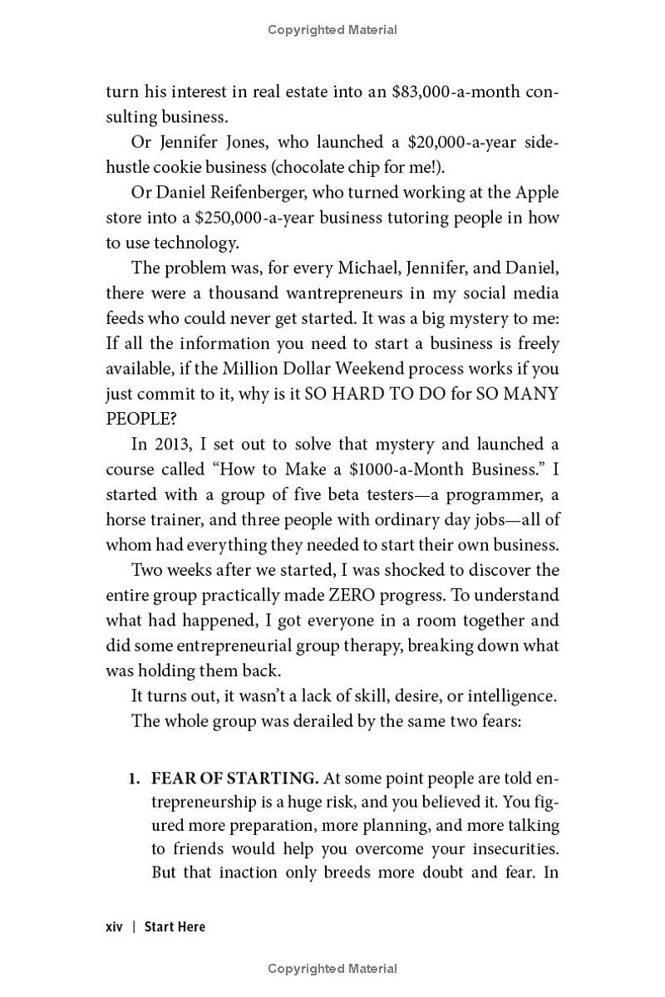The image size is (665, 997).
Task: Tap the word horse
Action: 126,520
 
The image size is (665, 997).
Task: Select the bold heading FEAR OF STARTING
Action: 234,778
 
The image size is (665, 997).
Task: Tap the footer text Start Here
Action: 175,926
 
